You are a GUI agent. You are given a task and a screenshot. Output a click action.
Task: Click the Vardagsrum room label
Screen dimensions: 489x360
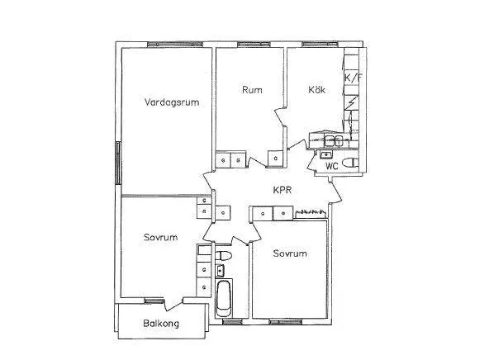pos(172,102)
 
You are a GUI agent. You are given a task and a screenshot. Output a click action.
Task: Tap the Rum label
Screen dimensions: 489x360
pos(252,90)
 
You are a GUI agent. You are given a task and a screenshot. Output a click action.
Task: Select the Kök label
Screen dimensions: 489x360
pos(317,89)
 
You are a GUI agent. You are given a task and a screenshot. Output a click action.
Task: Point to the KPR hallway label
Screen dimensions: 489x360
pos(282,190)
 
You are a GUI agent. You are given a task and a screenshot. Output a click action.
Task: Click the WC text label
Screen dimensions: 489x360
pos(332,166)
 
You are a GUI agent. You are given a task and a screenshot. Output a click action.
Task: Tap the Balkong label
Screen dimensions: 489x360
pos(161,324)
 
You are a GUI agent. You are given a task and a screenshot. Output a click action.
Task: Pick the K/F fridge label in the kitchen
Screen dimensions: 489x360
pos(354,78)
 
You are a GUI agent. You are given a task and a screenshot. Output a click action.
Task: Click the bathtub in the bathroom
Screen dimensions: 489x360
pos(223,298)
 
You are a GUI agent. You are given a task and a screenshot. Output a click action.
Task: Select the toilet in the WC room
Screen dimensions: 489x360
pos(350,163)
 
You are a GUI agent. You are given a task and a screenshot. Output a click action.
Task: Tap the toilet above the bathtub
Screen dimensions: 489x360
pos(224,256)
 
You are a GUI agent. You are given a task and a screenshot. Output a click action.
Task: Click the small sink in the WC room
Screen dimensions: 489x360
pos(326,154)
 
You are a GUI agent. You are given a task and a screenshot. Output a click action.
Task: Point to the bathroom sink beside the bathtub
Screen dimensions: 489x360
pos(221,270)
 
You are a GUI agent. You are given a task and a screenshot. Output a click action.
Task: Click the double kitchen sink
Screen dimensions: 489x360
pos(333,141)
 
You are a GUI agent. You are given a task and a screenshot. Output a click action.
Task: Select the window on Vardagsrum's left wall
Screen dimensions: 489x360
pos(118,163)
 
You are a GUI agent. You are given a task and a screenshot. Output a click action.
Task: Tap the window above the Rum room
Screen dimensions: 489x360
pos(254,45)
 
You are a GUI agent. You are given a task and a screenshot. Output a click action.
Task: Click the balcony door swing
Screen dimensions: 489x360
pos(173,304)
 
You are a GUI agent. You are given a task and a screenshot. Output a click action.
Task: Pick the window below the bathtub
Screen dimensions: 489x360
pos(232,322)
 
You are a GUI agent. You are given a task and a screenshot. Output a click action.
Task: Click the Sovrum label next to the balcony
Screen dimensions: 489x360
pos(160,238)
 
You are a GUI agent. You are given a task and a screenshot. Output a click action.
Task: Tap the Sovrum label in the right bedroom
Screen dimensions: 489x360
pos(290,253)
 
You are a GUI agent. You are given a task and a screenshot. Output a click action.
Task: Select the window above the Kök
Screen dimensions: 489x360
pos(320,45)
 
